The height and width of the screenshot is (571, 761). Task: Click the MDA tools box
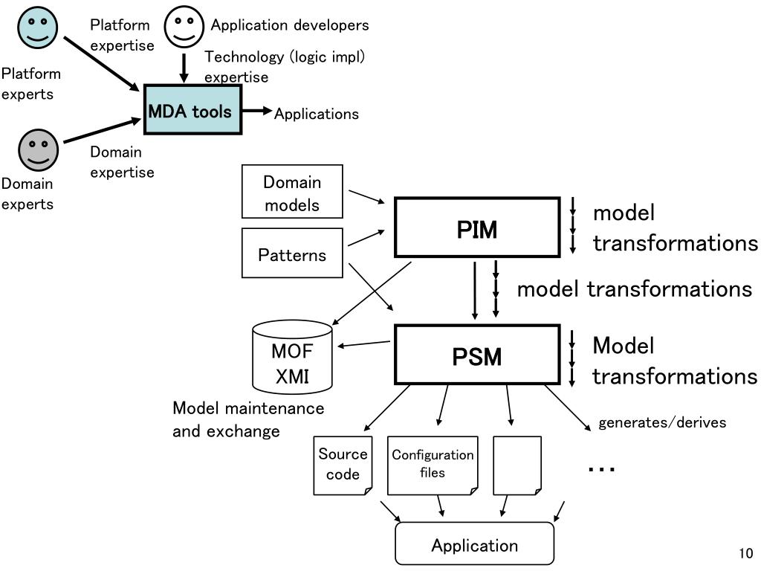point(192,110)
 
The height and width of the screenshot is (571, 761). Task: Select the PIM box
point(477,228)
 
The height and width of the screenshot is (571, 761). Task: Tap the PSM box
point(477,355)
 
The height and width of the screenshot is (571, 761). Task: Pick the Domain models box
point(292,191)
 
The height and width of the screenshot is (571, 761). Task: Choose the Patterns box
point(292,253)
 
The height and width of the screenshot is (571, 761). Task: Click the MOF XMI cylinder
point(292,357)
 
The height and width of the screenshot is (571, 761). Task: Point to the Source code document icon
point(343,465)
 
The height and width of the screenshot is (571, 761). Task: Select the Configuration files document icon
point(433,465)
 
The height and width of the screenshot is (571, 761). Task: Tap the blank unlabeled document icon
point(517,465)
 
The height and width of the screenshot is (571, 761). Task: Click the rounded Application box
point(475,543)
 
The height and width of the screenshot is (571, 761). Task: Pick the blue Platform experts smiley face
point(37,28)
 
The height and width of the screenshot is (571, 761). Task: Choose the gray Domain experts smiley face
point(39,150)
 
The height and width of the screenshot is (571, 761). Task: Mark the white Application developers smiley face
point(184,27)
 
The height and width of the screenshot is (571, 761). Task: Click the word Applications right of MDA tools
point(317,114)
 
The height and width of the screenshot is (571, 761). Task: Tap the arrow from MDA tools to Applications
point(257,111)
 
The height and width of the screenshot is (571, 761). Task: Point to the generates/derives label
point(662,422)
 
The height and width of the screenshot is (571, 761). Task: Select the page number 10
point(746,553)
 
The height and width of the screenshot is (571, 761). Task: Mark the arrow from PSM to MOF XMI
point(363,343)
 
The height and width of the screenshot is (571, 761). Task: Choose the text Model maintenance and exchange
point(248,419)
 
